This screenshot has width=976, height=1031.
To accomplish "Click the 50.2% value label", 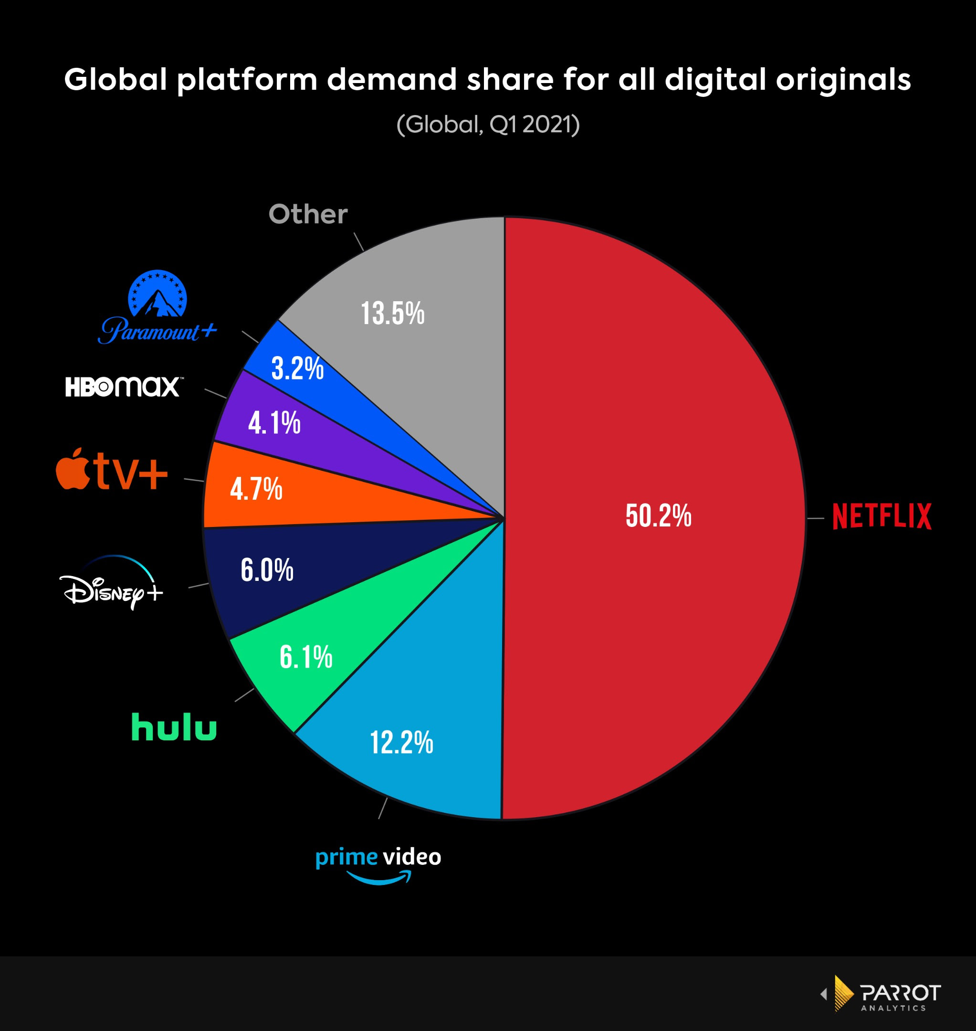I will click(x=658, y=516).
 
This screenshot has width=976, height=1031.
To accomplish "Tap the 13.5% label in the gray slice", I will click(x=393, y=314).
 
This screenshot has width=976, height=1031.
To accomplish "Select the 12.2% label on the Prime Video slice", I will click(x=401, y=742).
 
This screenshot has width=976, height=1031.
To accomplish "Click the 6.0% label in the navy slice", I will click(x=267, y=570).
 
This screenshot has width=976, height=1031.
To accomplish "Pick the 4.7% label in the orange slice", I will click(x=256, y=489).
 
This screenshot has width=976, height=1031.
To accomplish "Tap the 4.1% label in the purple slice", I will click(x=274, y=422).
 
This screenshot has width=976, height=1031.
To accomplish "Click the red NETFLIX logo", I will click(x=882, y=516).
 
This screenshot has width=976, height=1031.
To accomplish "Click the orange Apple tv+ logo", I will click(x=112, y=469).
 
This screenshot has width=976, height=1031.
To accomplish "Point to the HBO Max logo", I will click(x=123, y=387).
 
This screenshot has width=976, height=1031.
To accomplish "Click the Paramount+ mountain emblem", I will click(x=157, y=294).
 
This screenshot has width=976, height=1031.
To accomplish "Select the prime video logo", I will click(x=378, y=864).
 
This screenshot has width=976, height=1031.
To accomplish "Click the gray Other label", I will click(x=308, y=214).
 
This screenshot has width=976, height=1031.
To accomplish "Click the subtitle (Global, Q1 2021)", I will click(x=488, y=124).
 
